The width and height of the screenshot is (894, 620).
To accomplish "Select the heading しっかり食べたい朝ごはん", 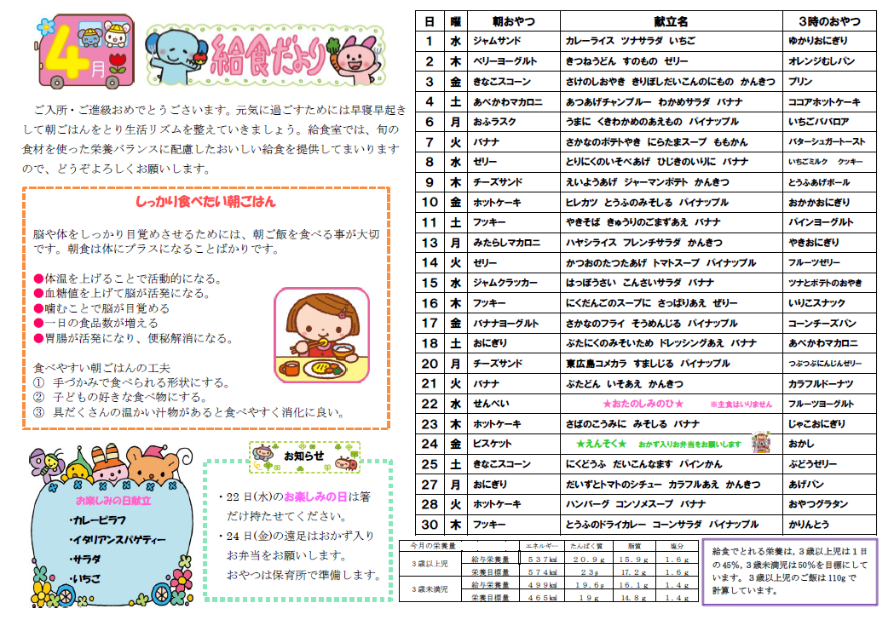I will pyautogui.click(x=205, y=203).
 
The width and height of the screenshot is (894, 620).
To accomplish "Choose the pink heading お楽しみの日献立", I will pyautogui.click(x=113, y=501).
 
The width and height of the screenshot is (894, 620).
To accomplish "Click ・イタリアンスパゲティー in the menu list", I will pyautogui.click(x=117, y=540).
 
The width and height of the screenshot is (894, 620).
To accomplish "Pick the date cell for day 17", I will pyautogui.click(x=430, y=324).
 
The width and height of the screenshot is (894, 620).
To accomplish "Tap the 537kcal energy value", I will pyautogui.click(x=542, y=560).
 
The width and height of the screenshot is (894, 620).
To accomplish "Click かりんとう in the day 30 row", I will pyautogui.click(x=808, y=525).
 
